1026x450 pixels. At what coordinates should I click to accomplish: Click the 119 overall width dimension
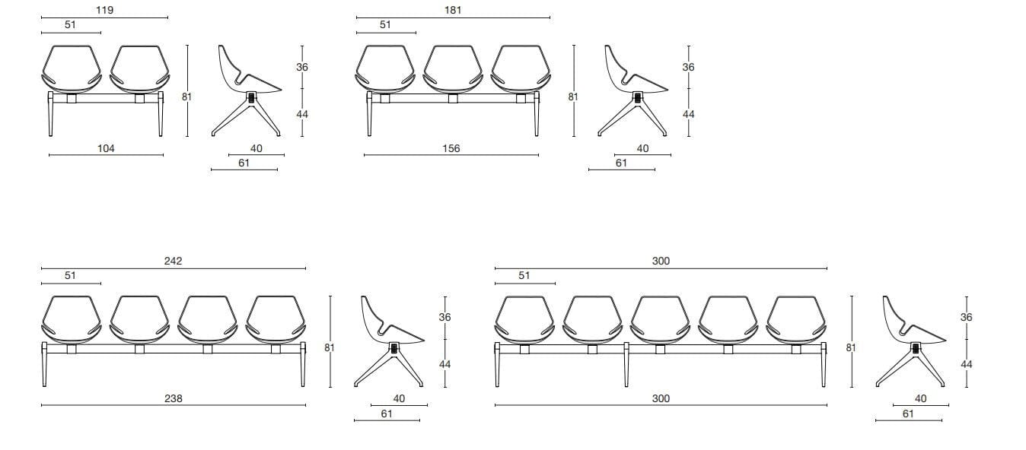(x=105, y=11)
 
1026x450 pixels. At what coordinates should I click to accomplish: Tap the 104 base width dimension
(x=107, y=149)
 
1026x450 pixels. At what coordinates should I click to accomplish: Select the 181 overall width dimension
(x=453, y=11)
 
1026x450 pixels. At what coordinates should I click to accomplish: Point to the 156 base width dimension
(x=451, y=149)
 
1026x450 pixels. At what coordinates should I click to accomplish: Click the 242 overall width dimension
(x=174, y=261)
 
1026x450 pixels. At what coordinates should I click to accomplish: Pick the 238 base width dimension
(x=174, y=398)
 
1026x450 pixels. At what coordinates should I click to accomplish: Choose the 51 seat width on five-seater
(x=524, y=276)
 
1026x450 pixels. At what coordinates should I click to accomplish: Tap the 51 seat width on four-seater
(x=70, y=276)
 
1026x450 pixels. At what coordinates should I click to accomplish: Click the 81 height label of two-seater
(x=187, y=97)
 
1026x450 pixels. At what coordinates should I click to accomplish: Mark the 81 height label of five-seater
(x=851, y=347)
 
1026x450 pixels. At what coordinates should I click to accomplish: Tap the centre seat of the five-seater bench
(x=661, y=319)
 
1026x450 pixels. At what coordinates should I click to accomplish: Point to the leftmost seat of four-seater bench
(x=71, y=319)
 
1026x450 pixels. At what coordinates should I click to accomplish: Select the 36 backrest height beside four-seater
(x=445, y=317)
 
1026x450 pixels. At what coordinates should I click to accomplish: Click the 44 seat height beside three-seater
(x=688, y=114)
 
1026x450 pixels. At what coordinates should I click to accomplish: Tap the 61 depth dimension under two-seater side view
(x=244, y=163)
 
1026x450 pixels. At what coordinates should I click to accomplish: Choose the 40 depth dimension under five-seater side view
(x=921, y=398)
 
